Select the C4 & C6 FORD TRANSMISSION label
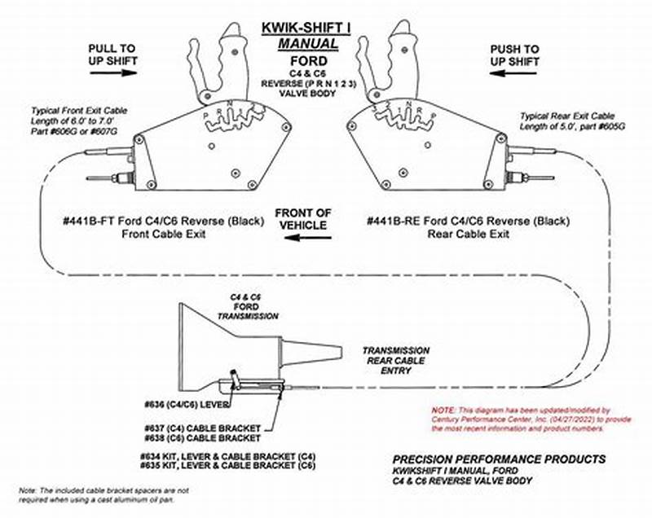click(237, 308)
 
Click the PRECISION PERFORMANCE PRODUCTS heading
click(499, 459)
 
